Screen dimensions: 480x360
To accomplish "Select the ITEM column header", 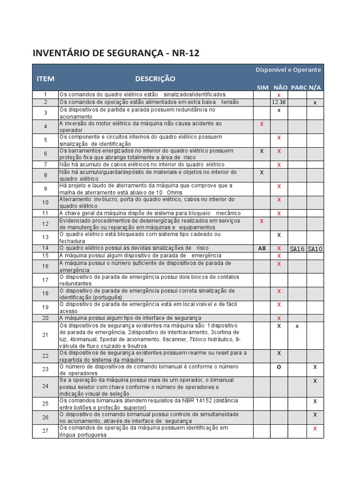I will (x=45, y=78).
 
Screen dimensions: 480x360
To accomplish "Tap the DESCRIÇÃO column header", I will (x=155, y=78).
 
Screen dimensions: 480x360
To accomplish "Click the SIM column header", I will (x=262, y=88).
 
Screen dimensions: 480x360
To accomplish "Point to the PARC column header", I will (x=299, y=88).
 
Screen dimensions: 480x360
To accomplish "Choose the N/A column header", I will (x=315, y=88).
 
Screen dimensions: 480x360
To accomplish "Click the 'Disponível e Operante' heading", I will (x=288, y=70).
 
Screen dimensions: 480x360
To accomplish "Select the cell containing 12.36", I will (x=279, y=102).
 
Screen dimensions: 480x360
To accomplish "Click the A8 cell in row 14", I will (x=262, y=248).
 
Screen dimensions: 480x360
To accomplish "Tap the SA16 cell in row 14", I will (x=297, y=248).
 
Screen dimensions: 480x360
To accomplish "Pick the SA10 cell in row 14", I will (x=315, y=248).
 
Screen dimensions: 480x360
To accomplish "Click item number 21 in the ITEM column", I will (x=45, y=335).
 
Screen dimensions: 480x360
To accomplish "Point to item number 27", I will (x=45, y=431).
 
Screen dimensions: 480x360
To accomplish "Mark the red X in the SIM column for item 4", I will (x=262, y=124).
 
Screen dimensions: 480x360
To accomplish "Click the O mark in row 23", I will (x=279, y=367).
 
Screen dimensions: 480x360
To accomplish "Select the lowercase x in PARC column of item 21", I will (x=297, y=326).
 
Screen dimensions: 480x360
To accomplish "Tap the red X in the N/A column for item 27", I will (x=315, y=428).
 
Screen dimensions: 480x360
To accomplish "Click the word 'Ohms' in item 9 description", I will (x=175, y=193).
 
